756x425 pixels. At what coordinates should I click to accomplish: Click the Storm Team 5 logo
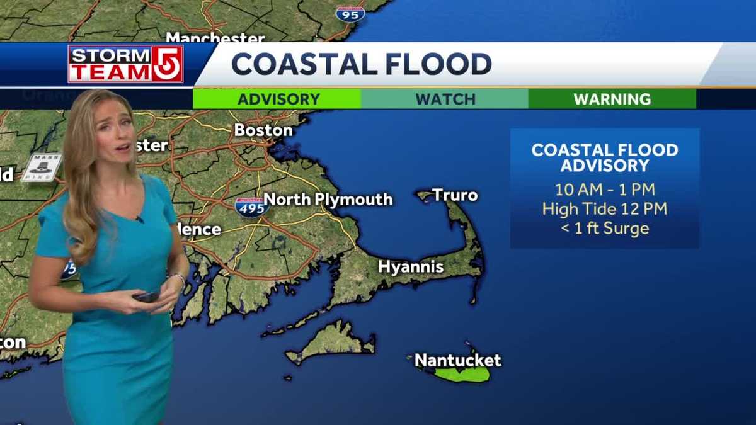(x=125, y=64)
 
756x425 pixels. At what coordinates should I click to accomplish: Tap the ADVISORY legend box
(x=277, y=99)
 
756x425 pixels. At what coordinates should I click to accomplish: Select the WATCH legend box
(x=445, y=99)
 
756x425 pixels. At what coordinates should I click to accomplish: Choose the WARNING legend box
(x=612, y=99)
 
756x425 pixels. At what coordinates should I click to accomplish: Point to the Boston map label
(x=263, y=130)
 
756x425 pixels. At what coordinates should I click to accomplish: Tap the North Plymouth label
(x=328, y=200)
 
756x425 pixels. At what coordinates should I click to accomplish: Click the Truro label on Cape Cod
(x=455, y=195)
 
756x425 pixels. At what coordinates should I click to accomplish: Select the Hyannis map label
(x=411, y=266)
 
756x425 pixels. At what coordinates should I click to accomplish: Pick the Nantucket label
(x=458, y=360)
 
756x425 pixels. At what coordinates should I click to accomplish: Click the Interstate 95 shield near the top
(x=350, y=13)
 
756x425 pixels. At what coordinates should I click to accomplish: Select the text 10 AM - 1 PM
(x=605, y=190)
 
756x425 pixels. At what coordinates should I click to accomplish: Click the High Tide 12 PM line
(x=605, y=208)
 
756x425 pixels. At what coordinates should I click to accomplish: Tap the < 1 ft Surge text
(x=605, y=228)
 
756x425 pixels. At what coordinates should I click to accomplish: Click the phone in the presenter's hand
(x=146, y=296)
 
